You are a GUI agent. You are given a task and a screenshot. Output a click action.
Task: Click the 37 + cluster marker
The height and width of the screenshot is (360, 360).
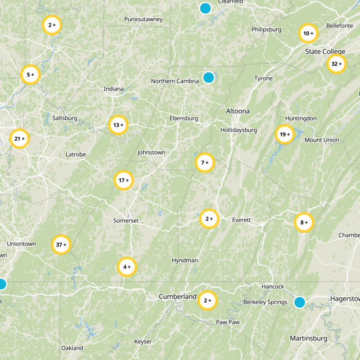[x=61, y=245]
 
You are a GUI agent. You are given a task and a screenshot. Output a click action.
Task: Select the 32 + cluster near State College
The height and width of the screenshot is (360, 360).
[x=336, y=64]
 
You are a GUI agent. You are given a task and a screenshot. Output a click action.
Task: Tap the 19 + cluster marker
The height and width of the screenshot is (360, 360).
[x=284, y=135]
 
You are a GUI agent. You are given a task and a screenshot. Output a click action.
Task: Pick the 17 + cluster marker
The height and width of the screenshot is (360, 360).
[x=123, y=180]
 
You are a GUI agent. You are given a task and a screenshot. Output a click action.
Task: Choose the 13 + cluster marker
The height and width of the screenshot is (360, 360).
[x=118, y=125]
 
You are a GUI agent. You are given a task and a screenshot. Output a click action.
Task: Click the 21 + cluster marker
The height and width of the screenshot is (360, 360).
[x=19, y=139]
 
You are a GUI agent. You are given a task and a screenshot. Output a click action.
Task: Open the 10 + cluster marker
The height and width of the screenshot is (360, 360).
[x=308, y=33]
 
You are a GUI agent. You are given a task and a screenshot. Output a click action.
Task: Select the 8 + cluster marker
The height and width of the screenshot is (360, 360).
[x=304, y=222]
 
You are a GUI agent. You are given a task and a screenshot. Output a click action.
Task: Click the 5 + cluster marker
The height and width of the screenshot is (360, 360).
[x=31, y=75]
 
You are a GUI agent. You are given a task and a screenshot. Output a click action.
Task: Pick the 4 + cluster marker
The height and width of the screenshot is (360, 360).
[x=126, y=267]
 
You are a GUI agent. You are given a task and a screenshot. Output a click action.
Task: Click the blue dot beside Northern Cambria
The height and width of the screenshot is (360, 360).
[x=208, y=77]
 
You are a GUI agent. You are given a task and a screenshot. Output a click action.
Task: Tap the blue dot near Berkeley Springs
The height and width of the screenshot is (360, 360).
[x=300, y=302]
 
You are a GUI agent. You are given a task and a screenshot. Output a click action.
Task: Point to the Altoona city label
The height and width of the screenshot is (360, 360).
[x=238, y=111]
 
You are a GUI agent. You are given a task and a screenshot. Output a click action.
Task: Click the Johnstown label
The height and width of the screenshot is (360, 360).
[x=151, y=153]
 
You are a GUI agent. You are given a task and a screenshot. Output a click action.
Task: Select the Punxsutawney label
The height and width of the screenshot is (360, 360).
[x=143, y=19]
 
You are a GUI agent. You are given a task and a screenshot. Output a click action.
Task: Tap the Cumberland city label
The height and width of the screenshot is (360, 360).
[x=177, y=297]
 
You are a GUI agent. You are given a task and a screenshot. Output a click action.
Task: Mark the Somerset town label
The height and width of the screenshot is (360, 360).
[x=126, y=220]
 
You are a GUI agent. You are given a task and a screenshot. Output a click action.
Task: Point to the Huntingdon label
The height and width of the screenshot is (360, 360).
[x=301, y=118]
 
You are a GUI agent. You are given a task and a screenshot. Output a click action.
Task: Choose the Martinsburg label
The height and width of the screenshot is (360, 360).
[x=308, y=338]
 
